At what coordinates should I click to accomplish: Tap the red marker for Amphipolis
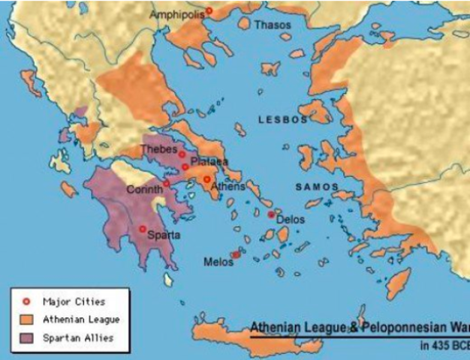point(209,10)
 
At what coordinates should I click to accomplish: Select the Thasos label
point(273,25)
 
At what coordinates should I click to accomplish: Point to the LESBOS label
point(283,119)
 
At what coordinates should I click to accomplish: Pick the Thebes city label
point(158,148)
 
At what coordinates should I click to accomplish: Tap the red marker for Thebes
point(182,154)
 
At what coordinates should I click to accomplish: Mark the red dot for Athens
point(206,178)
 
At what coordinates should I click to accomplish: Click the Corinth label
point(144,189)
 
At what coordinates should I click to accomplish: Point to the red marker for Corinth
point(166,184)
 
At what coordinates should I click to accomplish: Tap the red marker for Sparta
point(143,229)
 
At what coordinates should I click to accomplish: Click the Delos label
point(291,220)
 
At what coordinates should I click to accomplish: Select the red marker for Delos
point(271,214)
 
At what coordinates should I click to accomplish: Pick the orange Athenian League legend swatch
point(26,320)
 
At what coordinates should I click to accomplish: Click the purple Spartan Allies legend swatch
point(26,338)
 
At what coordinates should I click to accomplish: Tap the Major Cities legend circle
point(26,301)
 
